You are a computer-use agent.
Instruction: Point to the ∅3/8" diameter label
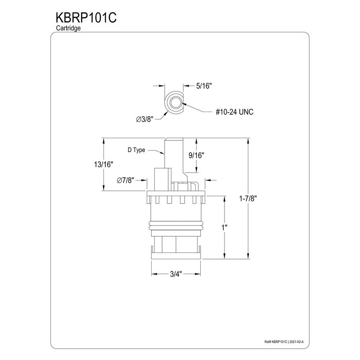[x=145, y=119]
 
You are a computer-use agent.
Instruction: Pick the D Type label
[x=136, y=150]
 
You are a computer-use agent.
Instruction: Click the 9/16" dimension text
[x=197, y=155]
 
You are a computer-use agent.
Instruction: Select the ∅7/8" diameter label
[x=126, y=180]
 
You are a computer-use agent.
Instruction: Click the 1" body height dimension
[x=224, y=228]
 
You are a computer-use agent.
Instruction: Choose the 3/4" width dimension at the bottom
[x=176, y=274]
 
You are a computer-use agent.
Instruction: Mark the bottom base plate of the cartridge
[x=176, y=256]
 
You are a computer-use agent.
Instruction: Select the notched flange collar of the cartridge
[x=176, y=200]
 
